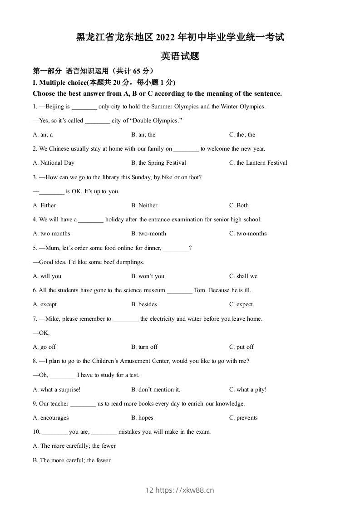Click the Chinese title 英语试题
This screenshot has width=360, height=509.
tap(180, 57)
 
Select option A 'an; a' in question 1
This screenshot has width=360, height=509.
tap(43, 135)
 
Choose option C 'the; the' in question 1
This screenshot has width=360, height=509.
tap(242, 135)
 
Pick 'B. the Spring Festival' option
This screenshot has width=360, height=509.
tap(158, 163)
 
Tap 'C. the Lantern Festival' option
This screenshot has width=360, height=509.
tap(258, 163)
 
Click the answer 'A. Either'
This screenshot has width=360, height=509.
tap(44, 206)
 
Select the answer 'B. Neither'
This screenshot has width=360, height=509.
tap(144, 206)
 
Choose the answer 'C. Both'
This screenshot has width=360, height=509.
tap(239, 206)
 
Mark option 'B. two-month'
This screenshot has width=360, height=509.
tap(148, 234)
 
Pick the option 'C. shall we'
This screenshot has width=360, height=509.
tap(243, 276)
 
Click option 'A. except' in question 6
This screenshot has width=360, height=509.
tap(45, 304)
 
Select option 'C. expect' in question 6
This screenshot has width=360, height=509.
tap(241, 304)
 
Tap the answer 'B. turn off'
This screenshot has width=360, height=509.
tap(144, 347)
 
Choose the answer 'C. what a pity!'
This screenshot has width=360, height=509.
tap(248, 390)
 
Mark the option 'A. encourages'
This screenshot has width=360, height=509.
tap(51, 418)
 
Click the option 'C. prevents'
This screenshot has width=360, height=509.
tap(243, 418)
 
